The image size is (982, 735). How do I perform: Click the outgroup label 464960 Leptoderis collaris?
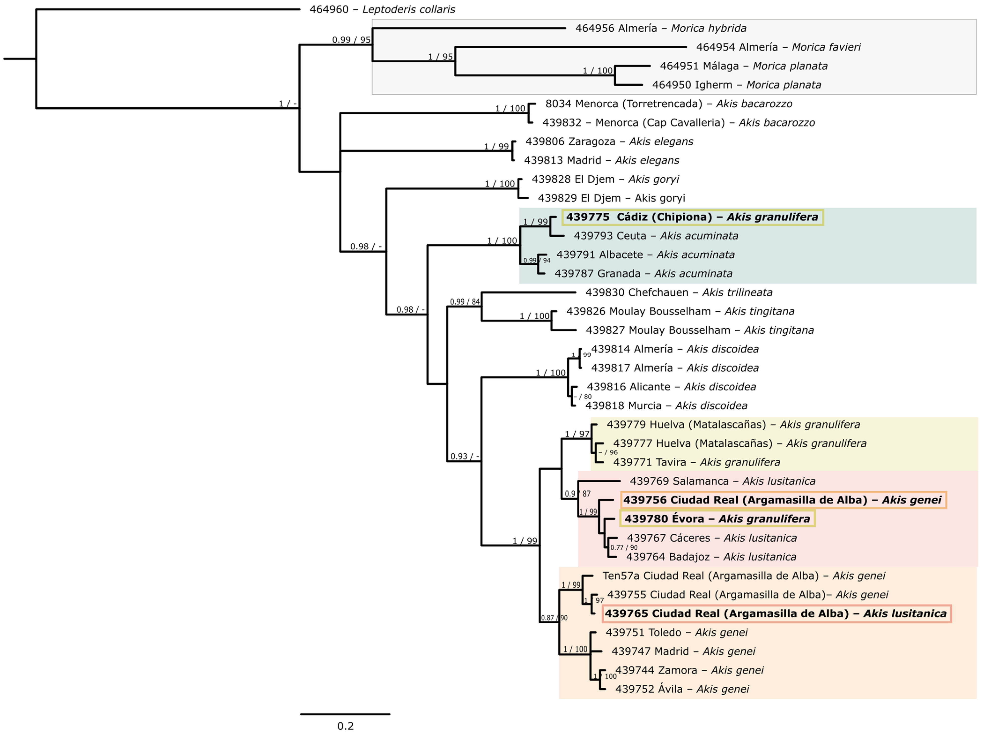pyautogui.click(x=382, y=9)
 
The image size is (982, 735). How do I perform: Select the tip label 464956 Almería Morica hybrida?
pyautogui.click(x=660, y=28)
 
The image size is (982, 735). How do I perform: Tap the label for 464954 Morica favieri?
pyautogui.click(x=778, y=47)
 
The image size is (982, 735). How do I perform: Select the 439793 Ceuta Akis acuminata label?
pyautogui.click(x=656, y=236)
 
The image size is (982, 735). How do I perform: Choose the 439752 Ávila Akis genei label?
pyautogui.click(x=682, y=689)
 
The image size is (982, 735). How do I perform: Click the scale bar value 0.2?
pyautogui.click(x=345, y=726)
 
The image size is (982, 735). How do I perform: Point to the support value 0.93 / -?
pyautogui.click(x=464, y=456)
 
